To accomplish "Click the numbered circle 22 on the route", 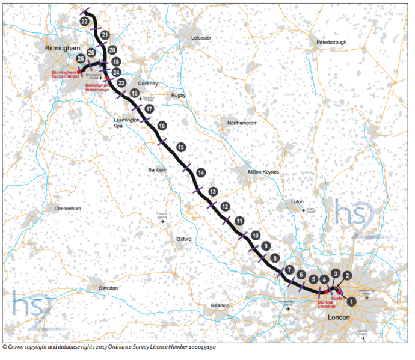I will pyautogui.click(x=84, y=22).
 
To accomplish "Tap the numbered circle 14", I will pyautogui.click(x=201, y=172).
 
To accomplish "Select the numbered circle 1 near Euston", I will pyautogui.click(x=352, y=300).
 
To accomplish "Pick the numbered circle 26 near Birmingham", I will pyautogui.click(x=81, y=58).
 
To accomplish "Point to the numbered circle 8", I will pyautogui.click(x=275, y=258).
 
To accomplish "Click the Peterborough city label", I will pyautogui.click(x=331, y=43).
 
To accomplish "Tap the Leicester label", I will pyautogui.click(x=201, y=37).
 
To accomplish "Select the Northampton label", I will pyautogui.click(x=242, y=123).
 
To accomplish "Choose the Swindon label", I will pyautogui.click(x=109, y=288).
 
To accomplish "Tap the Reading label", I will pyautogui.click(x=221, y=305).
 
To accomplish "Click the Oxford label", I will pyautogui.click(x=183, y=239).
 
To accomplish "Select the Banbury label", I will pyautogui.click(x=157, y=170).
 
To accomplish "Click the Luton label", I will pyautogui.click(x=297, y=201).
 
